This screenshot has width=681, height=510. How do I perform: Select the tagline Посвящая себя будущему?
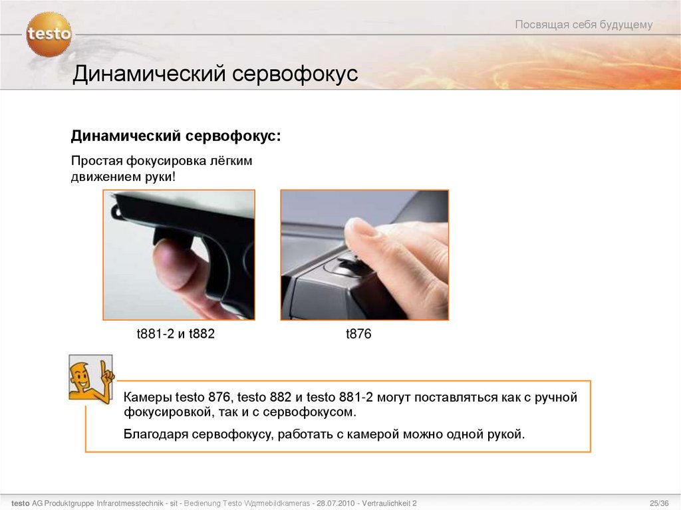pos(583,25)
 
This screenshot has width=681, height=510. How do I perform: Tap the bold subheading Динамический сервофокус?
pos(176,136)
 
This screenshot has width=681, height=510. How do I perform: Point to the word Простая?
pos(93,161)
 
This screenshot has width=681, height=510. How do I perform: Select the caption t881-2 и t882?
pos(176,334)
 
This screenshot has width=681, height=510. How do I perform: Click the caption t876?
pos(358,334)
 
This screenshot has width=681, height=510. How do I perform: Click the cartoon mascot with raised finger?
pos(89,377)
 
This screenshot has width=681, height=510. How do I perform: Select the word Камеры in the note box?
pos(146,398)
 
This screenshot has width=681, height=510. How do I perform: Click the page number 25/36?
pos(659,502)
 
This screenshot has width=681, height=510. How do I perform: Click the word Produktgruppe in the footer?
pos(69,502)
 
